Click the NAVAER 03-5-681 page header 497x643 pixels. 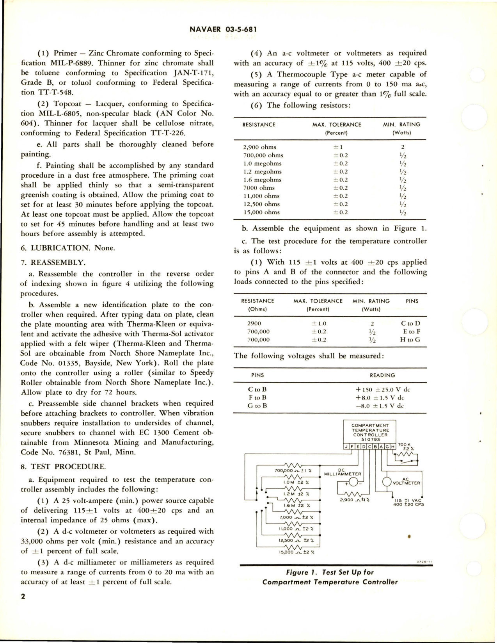point(223,29)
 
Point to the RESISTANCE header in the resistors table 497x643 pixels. point(259,125)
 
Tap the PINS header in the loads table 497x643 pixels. point(412,301)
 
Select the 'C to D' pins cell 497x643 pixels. point(410,324)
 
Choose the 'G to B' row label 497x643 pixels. point(257,406)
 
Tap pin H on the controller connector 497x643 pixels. point(393,446)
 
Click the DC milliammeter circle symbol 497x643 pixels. point(353,483)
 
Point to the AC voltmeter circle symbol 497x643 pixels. point(387,482)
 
